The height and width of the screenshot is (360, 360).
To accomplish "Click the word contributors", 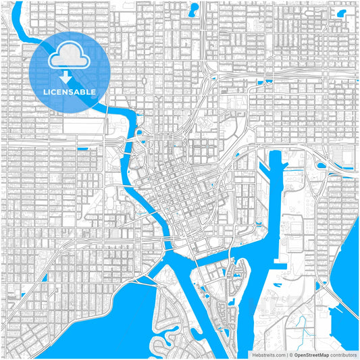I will click(x=342, y=354).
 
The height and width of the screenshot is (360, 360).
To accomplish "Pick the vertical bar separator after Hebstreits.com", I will click(x=287, y=354).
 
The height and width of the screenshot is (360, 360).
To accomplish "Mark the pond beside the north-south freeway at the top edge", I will click(x=194, y=9).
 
